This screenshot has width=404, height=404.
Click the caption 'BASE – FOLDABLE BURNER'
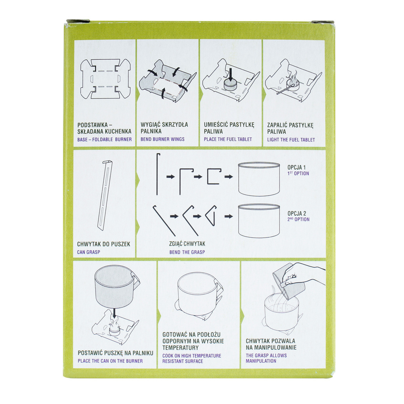[x=104, y=139]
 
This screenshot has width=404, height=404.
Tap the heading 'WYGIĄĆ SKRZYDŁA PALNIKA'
[x=164, y=128]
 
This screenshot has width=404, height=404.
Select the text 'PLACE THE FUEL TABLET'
[x=228, y=139]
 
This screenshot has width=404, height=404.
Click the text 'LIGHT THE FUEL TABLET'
[x=291, y=140]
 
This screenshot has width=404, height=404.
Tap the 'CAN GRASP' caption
[x=89, y=253]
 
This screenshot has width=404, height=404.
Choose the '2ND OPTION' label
[x=298, y=219]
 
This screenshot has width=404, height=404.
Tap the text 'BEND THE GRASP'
[x=187, y=252]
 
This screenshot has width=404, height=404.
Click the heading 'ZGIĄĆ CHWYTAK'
[x=187, y=244]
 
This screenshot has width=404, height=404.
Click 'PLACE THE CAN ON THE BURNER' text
[x=110, y=361]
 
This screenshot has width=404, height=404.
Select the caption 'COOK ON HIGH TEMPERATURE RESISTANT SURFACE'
[x=191, y=358]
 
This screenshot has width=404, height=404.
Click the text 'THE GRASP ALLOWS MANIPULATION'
[x=266, y=358]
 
